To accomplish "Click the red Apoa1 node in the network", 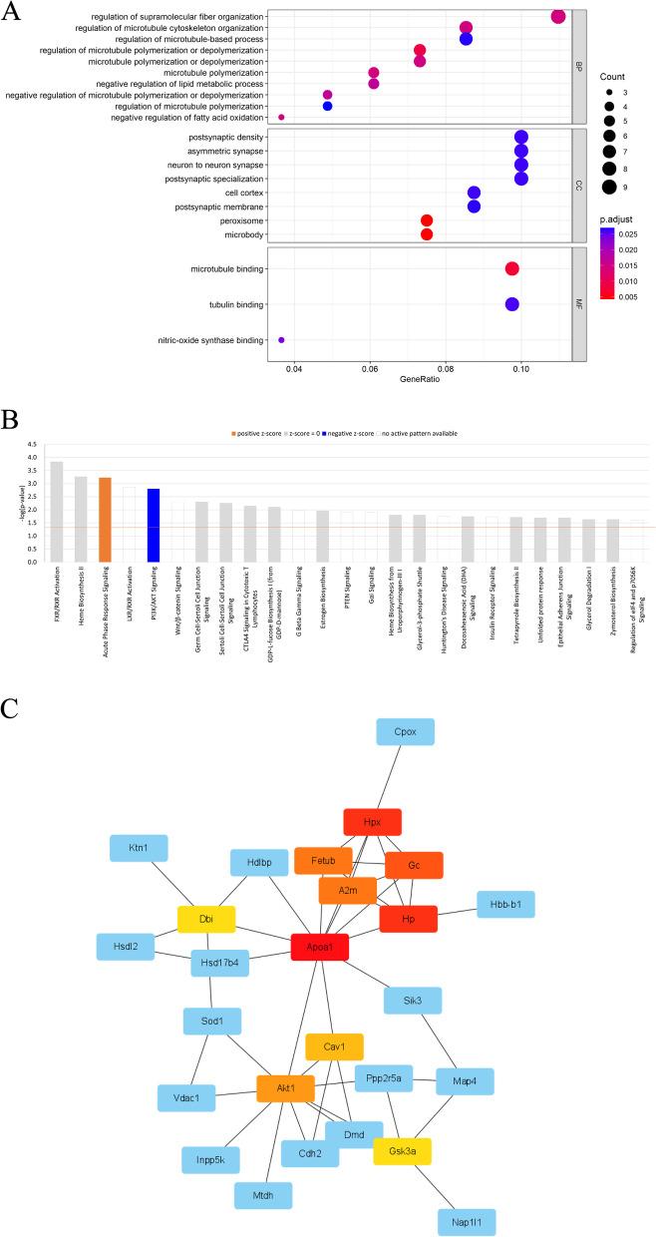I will pyautogui.click(x=319, y=947).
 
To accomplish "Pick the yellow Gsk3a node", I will pyautogui.click(x=402, y=1151).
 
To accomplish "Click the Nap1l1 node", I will pyautogui.click(x=466, y=1221).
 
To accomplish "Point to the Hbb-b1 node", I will pyautogui.click(x=505, y=904).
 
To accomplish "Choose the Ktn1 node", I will pyautogui.click(x=139, y=848).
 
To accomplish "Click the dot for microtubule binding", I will pyautogui.click(x=511, y=268).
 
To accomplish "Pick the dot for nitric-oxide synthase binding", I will pyautogui.click(x=281, y=341).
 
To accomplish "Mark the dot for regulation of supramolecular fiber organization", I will pyautogui.click(x=558, y=16).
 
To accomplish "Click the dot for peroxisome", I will pyautogui.click(x=427, y=220).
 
